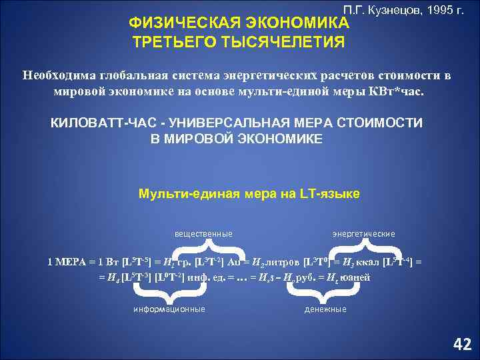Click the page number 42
click(x=461, y=344)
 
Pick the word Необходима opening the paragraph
click(x=57, y=75)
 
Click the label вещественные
click(x=203, y=234)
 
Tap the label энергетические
click(x=363, y=234)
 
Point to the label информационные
click(x=169, y=309)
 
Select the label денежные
click(x=325, y=309)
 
